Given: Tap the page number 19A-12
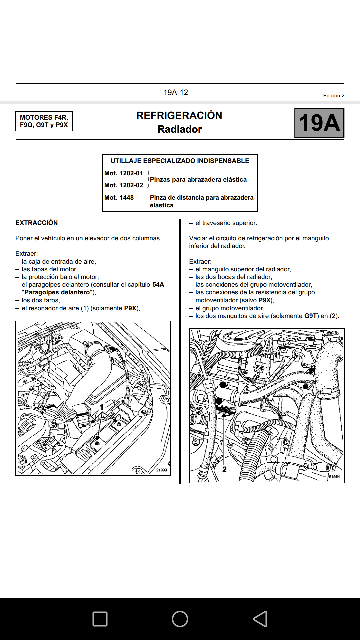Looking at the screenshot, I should pyautogui.click(x=176, y=92).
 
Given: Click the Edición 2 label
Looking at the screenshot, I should pyautogui.click(x=333, y=96).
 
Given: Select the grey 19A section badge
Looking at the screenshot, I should pyautogui.click(x=319, y=123).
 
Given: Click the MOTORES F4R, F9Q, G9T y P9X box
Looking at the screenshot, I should pyautogui.click(x=44, y=121).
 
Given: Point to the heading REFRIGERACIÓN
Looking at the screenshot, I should pyautogui.click(x=179, y=115).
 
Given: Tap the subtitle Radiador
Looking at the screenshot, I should pyautogui.click(x=180, y=129).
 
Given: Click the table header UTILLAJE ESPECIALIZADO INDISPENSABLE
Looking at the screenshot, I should pyautogui.click(x=180, y=161).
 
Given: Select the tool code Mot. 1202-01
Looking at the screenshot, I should pyautogui.click(x=124, y=173).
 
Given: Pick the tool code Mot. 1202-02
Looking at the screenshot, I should pyautogui.click(x=124, y=185).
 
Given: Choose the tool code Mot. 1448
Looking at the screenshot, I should pyautogui.click(x=119, y=198).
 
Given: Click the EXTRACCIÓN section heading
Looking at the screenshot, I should pyautogui.click(x=37, y=223).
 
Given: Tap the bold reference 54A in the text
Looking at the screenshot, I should pyautogui.click(x=158, y=285).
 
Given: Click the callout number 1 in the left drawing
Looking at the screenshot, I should pyautogui.click(x=102, y=407).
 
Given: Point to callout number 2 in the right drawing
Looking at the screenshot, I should pyautogui.click(x=224, y=469).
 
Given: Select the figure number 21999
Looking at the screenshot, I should pyautogui.click(x=161, y=470).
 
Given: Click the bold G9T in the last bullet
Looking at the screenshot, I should pyautogui.click(x=310, y=316).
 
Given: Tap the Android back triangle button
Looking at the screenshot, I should pyautogui.click(x=260, y=619).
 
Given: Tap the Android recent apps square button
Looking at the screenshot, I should pyautogui.click(x=100, y=619).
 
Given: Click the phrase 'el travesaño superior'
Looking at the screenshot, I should pyautogui.click(x=226, y=223).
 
